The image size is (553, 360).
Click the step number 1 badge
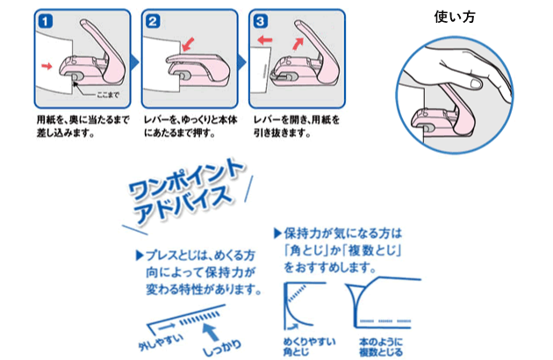pyautogui.click(x=43, y=19)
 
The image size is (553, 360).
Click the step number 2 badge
pyautogui.click(x=153, y=19)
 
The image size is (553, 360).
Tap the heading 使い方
pyautogui.click(x=456, y=17)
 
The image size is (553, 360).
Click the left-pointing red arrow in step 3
pyautogui.click(x=264, y=40)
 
